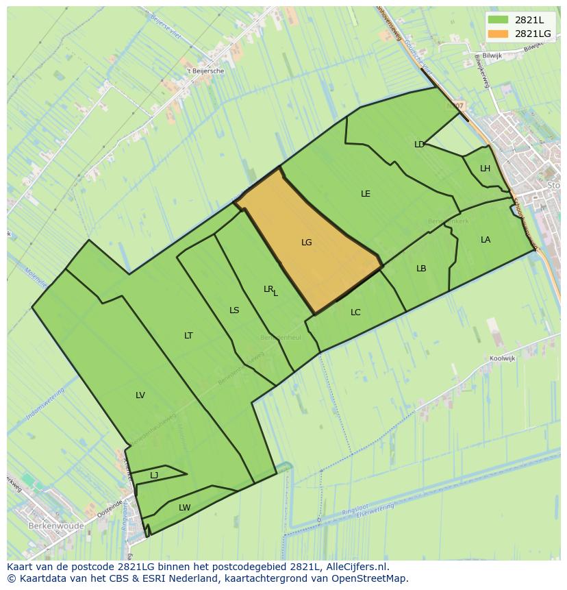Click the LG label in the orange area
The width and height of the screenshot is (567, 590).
tap(306, 243)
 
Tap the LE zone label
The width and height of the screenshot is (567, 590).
tap(366, 194)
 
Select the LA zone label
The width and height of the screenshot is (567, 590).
tap(486, 240)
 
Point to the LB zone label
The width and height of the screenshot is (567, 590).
tap(421, 269)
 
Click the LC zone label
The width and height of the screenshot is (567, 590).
tap(355, 312)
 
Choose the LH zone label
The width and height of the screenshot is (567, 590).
tap(485, 169)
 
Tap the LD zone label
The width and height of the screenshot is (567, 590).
tap(419, 145)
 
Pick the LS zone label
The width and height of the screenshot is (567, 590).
tap(234, 310)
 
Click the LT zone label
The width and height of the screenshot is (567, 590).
tap(188, 336)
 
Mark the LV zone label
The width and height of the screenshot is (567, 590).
tap(140, 395)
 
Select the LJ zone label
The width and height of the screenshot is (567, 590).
tap(154, 476)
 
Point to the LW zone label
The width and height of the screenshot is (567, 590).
tap(184, 508)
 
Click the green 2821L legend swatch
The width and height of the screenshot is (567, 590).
tap(498, 20)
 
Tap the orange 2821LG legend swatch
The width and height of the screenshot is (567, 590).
tap(498, 34)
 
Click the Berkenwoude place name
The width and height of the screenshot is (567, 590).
tap(56, 526)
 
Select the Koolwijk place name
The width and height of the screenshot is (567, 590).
tap(503, 358)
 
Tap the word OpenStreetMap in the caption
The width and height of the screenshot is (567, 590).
tap(371, 578)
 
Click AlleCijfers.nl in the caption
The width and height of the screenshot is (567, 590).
tap(357, 567)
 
